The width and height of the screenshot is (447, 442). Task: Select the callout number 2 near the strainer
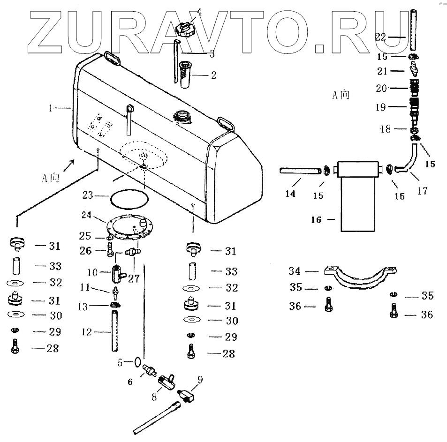coord(213,75)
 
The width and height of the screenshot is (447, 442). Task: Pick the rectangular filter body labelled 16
coord(358,196)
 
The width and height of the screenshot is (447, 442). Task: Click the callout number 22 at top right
coord(380,37)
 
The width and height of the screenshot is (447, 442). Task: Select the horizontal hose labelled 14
coord(301,171)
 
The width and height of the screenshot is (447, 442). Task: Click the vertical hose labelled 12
coord(114,332)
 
